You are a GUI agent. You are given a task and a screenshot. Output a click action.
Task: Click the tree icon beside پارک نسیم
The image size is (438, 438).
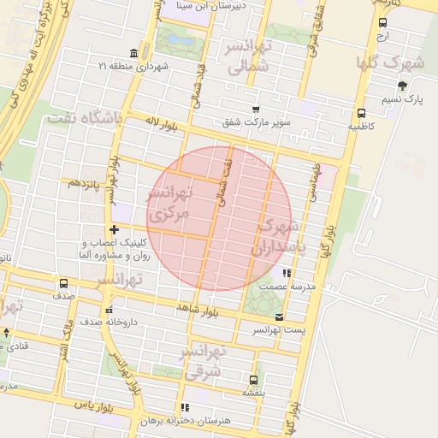(x=402, y=86)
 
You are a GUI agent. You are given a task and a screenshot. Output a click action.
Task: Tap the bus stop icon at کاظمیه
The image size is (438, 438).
(x=361, y=113)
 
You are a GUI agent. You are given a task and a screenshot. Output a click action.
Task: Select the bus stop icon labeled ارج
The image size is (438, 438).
(x=382, y=23)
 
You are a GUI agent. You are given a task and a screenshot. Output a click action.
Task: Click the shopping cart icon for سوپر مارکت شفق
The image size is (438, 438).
(x=256, y=108)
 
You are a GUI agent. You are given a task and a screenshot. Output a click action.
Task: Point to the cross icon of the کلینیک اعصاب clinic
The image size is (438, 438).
(x=115, y=228)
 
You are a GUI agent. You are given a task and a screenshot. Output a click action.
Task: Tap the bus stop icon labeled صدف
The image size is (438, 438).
(x=63, y=284)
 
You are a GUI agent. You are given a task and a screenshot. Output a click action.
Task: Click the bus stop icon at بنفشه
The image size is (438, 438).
(x=253, y=380)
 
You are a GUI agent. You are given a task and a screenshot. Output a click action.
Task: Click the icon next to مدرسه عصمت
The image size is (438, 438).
(x=287, y=274)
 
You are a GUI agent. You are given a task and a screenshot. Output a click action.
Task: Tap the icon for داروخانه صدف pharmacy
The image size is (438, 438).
(x=108, y=311)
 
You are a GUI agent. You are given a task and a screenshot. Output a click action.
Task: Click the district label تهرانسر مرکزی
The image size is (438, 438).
(x=169, y=205)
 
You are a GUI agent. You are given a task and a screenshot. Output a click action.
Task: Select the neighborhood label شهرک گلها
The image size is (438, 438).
(x=392, y=62)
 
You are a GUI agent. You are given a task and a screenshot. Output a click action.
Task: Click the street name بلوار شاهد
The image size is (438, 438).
(x=198, y=305)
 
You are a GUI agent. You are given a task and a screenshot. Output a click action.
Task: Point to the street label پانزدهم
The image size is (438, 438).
(x=86, y=183)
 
